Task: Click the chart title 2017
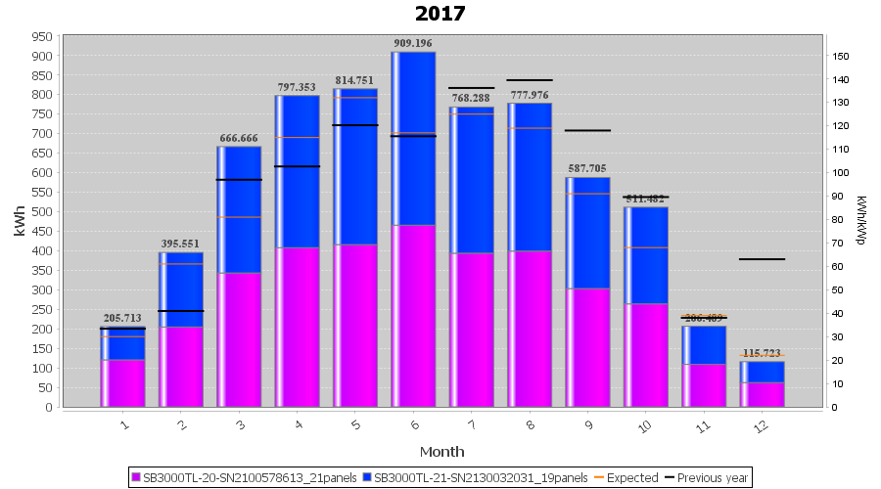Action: tap(440, 14)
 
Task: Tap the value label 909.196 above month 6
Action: tap(413, 43)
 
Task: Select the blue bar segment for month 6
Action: tap(413, 137)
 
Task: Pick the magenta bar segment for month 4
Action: tap(297, 327)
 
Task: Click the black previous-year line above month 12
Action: tap(762, 259)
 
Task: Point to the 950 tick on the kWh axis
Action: tap(41, 36)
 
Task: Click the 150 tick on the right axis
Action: tap(839, 56)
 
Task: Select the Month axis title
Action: tap(441, 451)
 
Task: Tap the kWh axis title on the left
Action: tap(20, 221)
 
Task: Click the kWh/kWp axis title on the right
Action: tap(860, 220)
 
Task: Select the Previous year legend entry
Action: tap(707, 478)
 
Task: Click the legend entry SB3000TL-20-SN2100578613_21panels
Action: tap(246, 478)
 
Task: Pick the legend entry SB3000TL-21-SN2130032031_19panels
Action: tap(481, 478)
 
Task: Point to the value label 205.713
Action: tap(122, 318)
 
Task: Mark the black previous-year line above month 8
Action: tap(530, 80)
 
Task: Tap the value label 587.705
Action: tap(587, 168)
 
